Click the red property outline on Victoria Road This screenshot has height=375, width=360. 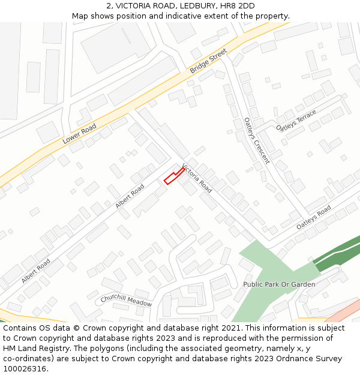click(x=173, y=176)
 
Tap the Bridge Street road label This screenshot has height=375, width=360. click(x=208, y=62)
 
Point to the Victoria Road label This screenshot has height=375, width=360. click(x=197, y=178)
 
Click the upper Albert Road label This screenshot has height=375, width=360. click(x=130, y=196)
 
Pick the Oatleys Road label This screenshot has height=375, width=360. click(x=313, y=217)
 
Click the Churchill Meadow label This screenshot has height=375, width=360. click(x=126, y=300)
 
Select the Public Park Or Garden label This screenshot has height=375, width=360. click(x=279, y=284)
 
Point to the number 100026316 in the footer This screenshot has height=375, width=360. click(x=26, y=369)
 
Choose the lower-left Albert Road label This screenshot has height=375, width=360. click(x=36, y=271)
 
